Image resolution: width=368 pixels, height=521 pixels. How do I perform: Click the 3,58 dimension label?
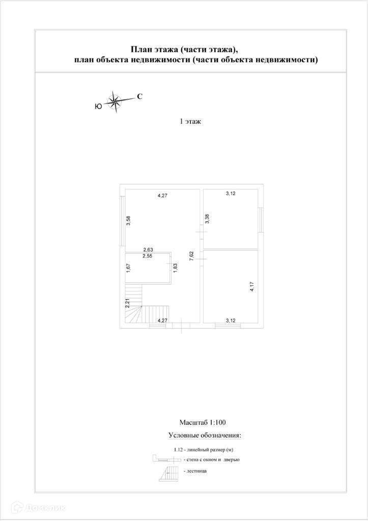pos(129,221)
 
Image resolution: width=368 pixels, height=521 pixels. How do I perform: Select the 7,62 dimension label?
pos(191,256)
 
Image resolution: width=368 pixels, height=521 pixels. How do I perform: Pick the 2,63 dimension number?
pos(148,249)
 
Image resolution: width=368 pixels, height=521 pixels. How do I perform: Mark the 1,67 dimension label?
pos(129,268)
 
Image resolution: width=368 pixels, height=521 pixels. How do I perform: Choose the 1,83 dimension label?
pos(175,268)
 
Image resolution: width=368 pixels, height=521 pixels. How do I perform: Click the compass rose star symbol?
pos(115,101)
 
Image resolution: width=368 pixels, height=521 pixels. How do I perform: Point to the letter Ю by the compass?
pos(98,106)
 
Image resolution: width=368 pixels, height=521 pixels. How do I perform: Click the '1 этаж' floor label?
pos(190,122)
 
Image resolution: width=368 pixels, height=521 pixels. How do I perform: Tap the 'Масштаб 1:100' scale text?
pos(203,422)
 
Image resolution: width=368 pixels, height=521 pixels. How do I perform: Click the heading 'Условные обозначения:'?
pos(204,436)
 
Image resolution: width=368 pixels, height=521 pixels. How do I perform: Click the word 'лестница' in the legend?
pos(196,471)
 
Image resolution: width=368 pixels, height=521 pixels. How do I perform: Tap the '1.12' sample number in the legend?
pos(178,450)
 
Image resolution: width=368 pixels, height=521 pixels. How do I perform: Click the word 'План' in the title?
pos(140,49)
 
